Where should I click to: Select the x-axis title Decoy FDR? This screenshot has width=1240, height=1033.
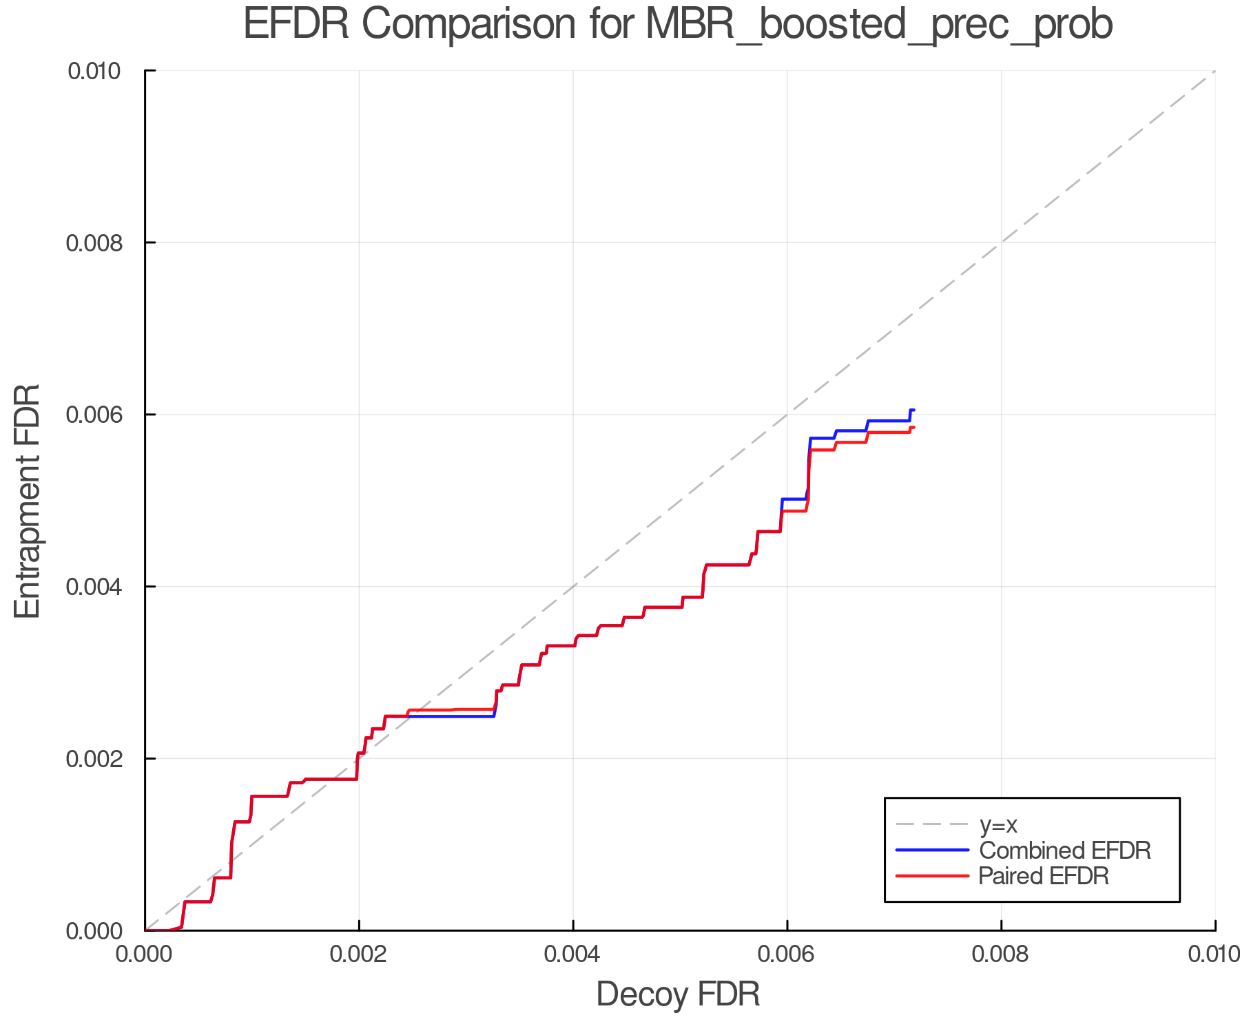[678, 994]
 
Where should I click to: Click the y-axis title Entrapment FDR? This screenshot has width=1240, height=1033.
[28, 501]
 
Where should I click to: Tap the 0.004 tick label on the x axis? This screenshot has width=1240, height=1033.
[573, 954]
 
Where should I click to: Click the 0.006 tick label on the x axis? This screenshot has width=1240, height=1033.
[787, 954]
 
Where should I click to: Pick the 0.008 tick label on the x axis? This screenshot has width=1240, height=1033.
[1001, 954]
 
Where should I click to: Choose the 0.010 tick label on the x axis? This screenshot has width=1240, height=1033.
[1214, 954]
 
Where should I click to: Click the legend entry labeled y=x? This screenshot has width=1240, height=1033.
[998, 825]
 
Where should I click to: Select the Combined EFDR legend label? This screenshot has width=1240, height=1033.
[1064, 851]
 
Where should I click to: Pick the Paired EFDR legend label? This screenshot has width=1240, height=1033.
[1043, 876]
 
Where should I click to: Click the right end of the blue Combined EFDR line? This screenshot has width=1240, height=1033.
[913, 410]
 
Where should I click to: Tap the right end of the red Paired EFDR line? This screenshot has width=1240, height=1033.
[913, 428]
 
